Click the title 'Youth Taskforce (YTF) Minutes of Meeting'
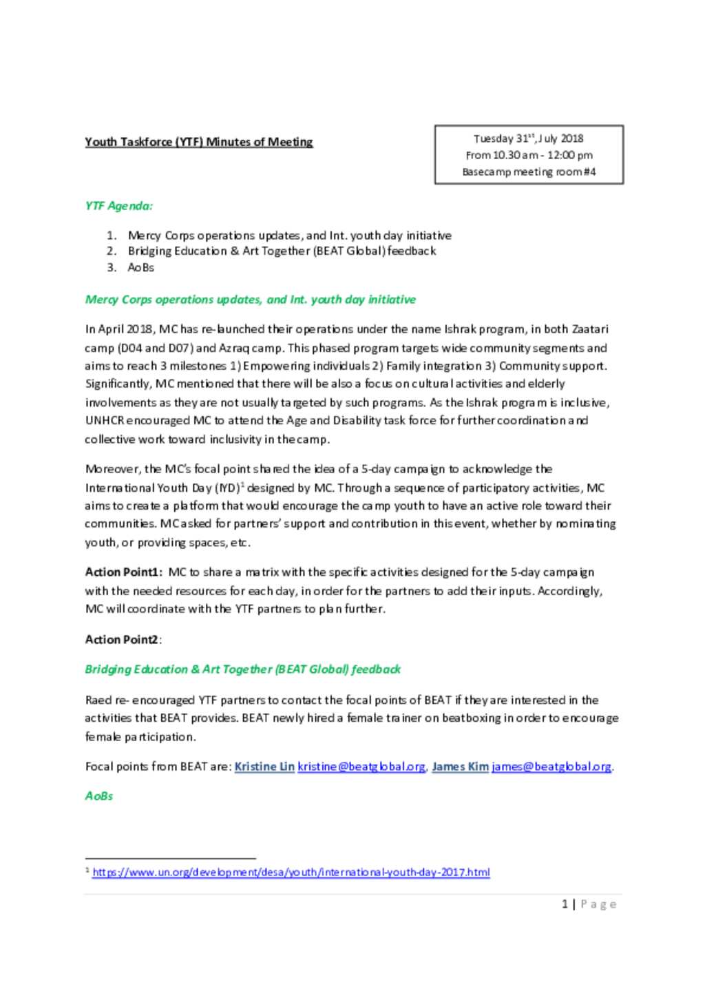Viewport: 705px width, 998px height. click(x=198, y=142)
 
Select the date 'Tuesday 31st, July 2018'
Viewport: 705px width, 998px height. click(x=528, y=138)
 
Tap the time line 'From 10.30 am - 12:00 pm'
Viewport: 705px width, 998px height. click(x=529, y=155)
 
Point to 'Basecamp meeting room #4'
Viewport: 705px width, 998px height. click(x=529, y=171)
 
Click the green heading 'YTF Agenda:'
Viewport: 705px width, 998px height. click(x=118, y=205)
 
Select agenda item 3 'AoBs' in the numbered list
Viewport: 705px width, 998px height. click(x=141, y=267)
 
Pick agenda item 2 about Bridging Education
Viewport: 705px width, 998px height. click(x=282, y=251)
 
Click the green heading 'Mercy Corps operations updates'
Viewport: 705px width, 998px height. click(x=250, y=300)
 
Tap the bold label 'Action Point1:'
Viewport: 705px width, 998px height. click(x=123, y=572)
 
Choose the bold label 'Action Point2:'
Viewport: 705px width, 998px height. click(x=123, y=639)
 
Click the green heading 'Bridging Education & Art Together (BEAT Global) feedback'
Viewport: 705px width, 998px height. click(x=242, y=669)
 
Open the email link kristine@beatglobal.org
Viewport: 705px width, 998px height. click(x=361, y=766)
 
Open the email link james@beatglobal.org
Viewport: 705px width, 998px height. click(x=551, y=766)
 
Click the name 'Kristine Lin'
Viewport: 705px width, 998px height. click(x=264, y=766)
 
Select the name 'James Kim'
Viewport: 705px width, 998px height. click(x=460, y=766)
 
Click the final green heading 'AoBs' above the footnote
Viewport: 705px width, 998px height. click(x=98, y=796)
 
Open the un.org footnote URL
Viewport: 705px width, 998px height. click(x=291, y=872)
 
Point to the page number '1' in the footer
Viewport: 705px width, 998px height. click(x=565, y=904)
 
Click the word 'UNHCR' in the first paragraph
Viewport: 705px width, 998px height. click(x=104, y=420)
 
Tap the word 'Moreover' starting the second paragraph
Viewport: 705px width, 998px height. click(x=113, y=469)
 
